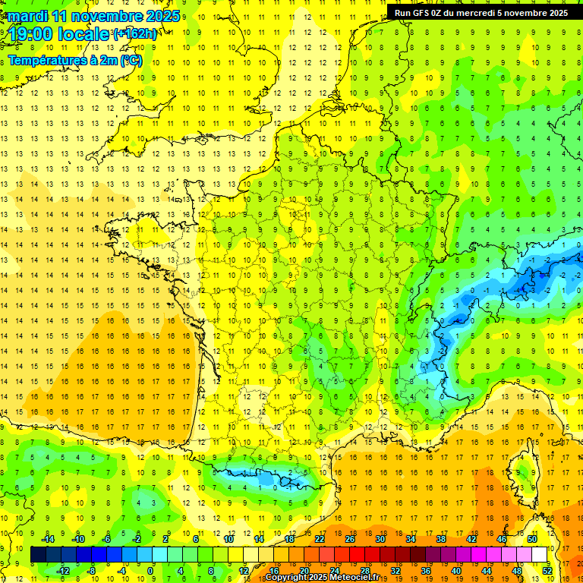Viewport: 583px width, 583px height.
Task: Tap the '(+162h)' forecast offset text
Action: tap(135, 33)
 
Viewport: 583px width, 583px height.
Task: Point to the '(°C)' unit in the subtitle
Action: tap(131, 60)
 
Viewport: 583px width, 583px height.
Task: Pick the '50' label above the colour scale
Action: tap(532, 539)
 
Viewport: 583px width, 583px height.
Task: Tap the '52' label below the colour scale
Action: tap(547, 570)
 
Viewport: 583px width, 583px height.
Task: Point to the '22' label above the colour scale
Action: tap(320, 539)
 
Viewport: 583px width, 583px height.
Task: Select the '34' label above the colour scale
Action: tap(411, 539)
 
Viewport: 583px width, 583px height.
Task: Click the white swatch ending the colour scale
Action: tap(540, 555)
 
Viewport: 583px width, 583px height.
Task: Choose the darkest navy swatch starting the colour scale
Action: tap(39, 555)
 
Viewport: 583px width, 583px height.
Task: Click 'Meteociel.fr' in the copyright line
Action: tap(355, 578)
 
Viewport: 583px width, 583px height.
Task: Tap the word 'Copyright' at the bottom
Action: tap(290, 578)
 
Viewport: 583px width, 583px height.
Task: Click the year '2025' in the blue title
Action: tap(164, 15)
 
